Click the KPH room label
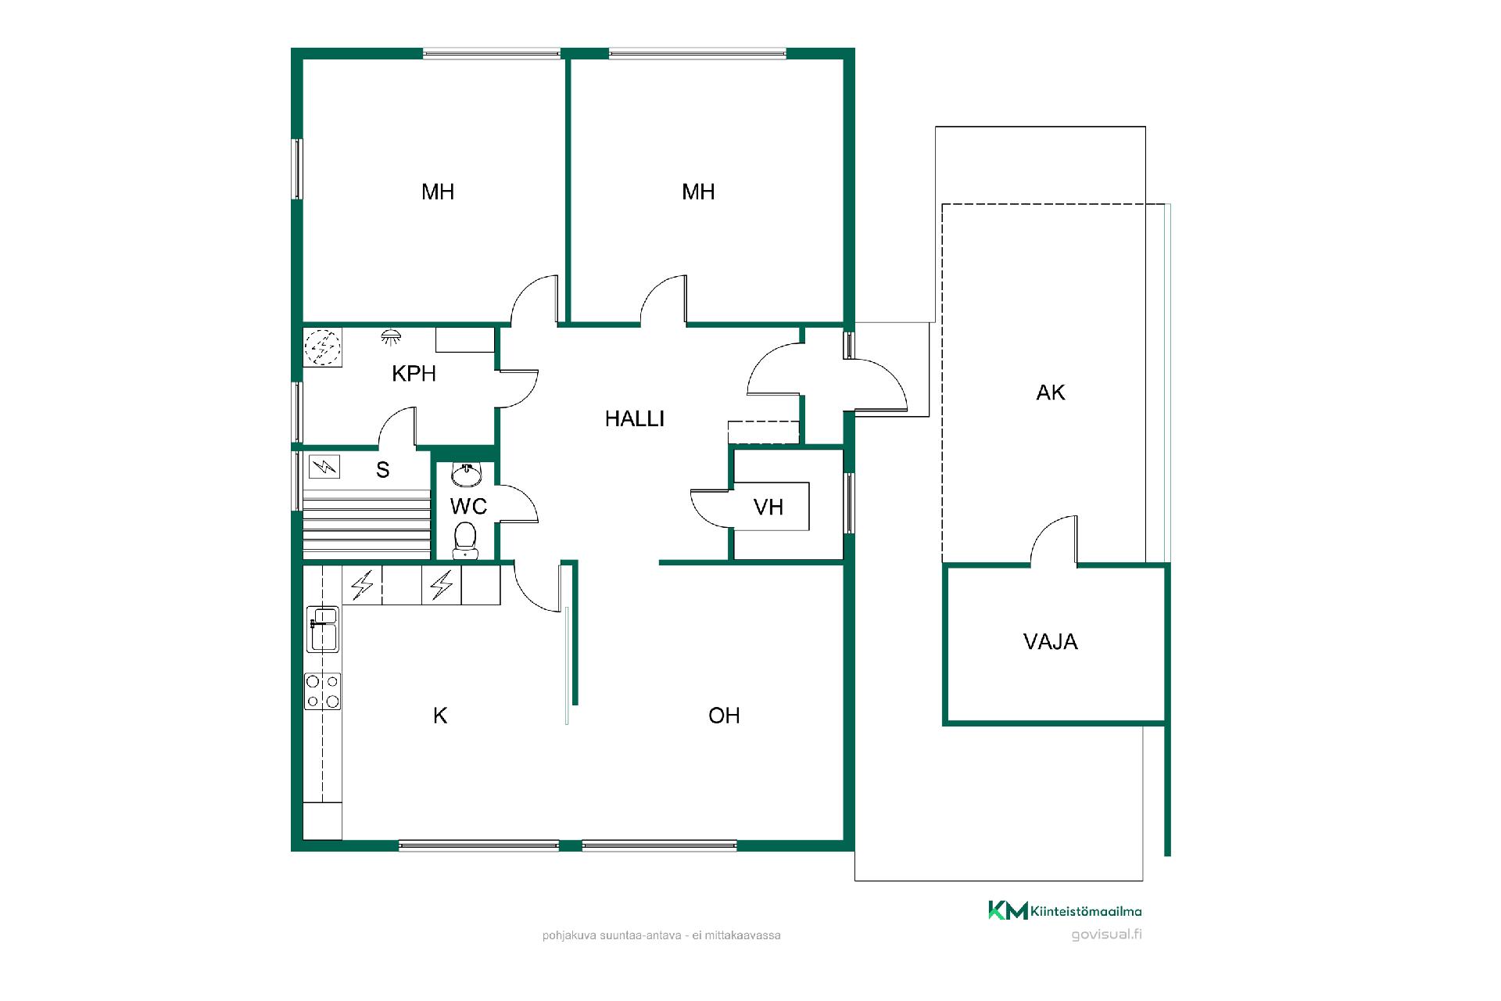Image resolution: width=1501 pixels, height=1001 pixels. tap(414, 374)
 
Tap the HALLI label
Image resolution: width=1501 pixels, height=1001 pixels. tap(634, 419)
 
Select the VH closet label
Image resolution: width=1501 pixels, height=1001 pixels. tap(768, 508)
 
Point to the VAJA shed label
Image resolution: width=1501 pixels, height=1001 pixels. tap(1050, 642)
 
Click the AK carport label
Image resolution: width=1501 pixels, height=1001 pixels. tap(1050, 393)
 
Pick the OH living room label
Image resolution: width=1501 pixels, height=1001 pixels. tap(724, 716)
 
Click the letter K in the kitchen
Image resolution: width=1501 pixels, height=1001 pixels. tap(440, 716)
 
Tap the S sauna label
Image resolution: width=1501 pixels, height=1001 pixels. tap(383, 470)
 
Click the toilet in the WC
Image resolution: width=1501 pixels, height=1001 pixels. tap(465, 540)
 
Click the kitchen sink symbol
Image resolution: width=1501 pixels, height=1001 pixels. tap(322, 629)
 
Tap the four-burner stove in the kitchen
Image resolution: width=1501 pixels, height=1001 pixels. tap(322, 691)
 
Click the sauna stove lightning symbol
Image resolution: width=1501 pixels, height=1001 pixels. tap(324, 467)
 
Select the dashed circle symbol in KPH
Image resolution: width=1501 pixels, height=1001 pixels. tap(322, 347)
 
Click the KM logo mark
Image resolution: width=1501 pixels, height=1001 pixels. tap(1008, 910)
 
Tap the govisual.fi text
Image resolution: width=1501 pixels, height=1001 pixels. tap(1106, 935)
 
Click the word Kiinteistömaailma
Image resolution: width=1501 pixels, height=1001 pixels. tap(1086, 911)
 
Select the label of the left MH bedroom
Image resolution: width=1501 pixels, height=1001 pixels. tap(438, 192)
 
